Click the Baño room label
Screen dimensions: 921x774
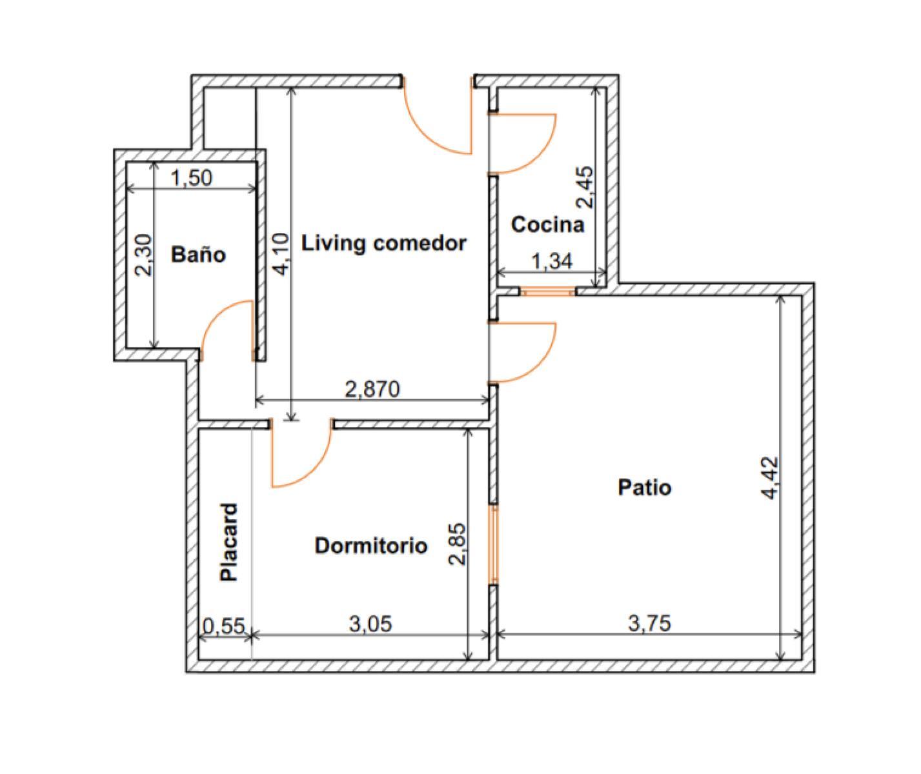coord(199,254)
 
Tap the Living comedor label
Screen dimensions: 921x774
coord(384,243)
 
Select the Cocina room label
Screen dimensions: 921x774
coord(547,224)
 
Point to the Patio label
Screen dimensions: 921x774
coord(644,488)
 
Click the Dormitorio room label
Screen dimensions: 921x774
coord(371,546)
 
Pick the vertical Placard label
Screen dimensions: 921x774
coord(229,542)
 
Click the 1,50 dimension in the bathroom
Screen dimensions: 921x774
coord(192,178)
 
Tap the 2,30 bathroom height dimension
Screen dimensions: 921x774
coord(143,255)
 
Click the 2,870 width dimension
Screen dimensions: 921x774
coord(372,389)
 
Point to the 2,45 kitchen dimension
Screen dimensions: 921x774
coord(585,187)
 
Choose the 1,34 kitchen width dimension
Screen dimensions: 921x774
coord(552,261)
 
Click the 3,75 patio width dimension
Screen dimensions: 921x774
coord(649,624)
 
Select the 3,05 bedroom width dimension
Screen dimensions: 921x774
coord(370,624)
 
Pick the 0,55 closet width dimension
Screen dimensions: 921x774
coord(223,626)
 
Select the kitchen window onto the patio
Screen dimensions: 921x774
coord(547,292)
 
